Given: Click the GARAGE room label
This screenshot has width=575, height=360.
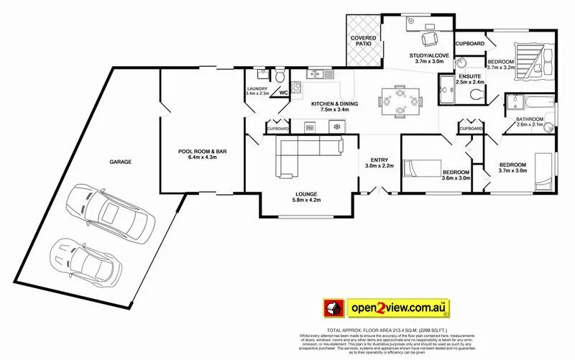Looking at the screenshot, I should [x=120, y=162].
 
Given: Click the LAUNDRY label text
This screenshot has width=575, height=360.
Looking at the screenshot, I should [x=257, y=88].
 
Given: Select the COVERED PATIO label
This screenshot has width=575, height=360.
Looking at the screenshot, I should [x=360, y=40].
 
